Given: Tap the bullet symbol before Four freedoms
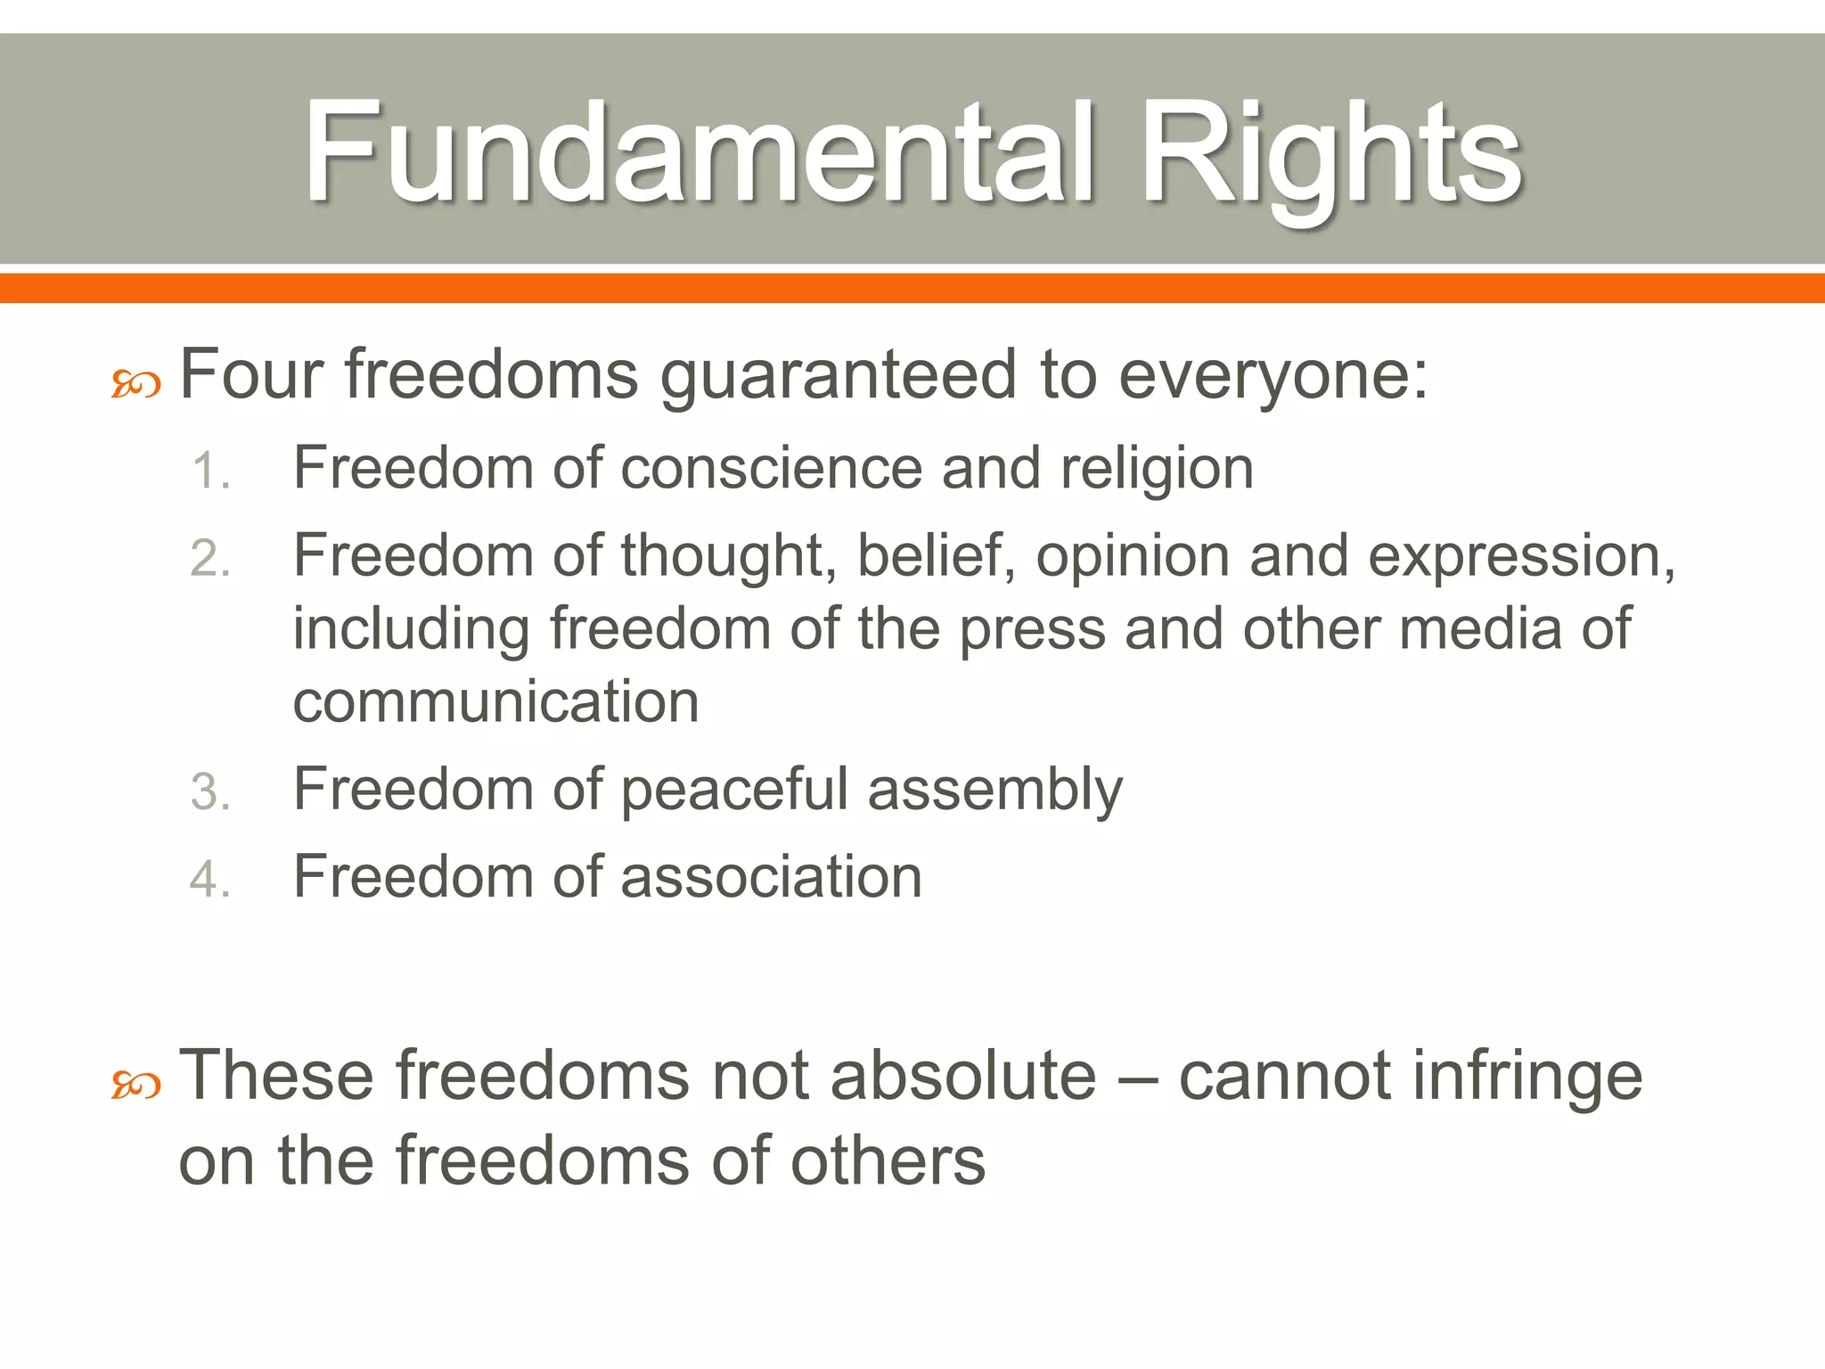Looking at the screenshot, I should (x=135, y=385).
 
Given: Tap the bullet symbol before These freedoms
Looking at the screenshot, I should (x=135, y=1086).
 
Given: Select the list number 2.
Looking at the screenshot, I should (x=210, y=559).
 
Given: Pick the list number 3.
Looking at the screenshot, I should (x=210, y=791).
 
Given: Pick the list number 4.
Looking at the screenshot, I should (x=210, y=879).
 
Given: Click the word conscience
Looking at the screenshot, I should (x=771, y=468).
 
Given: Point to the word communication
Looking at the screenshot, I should (x=496, y=701).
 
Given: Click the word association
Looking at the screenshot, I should (x=771, y=876).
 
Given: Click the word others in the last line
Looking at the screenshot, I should (x=888, y=1160).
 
